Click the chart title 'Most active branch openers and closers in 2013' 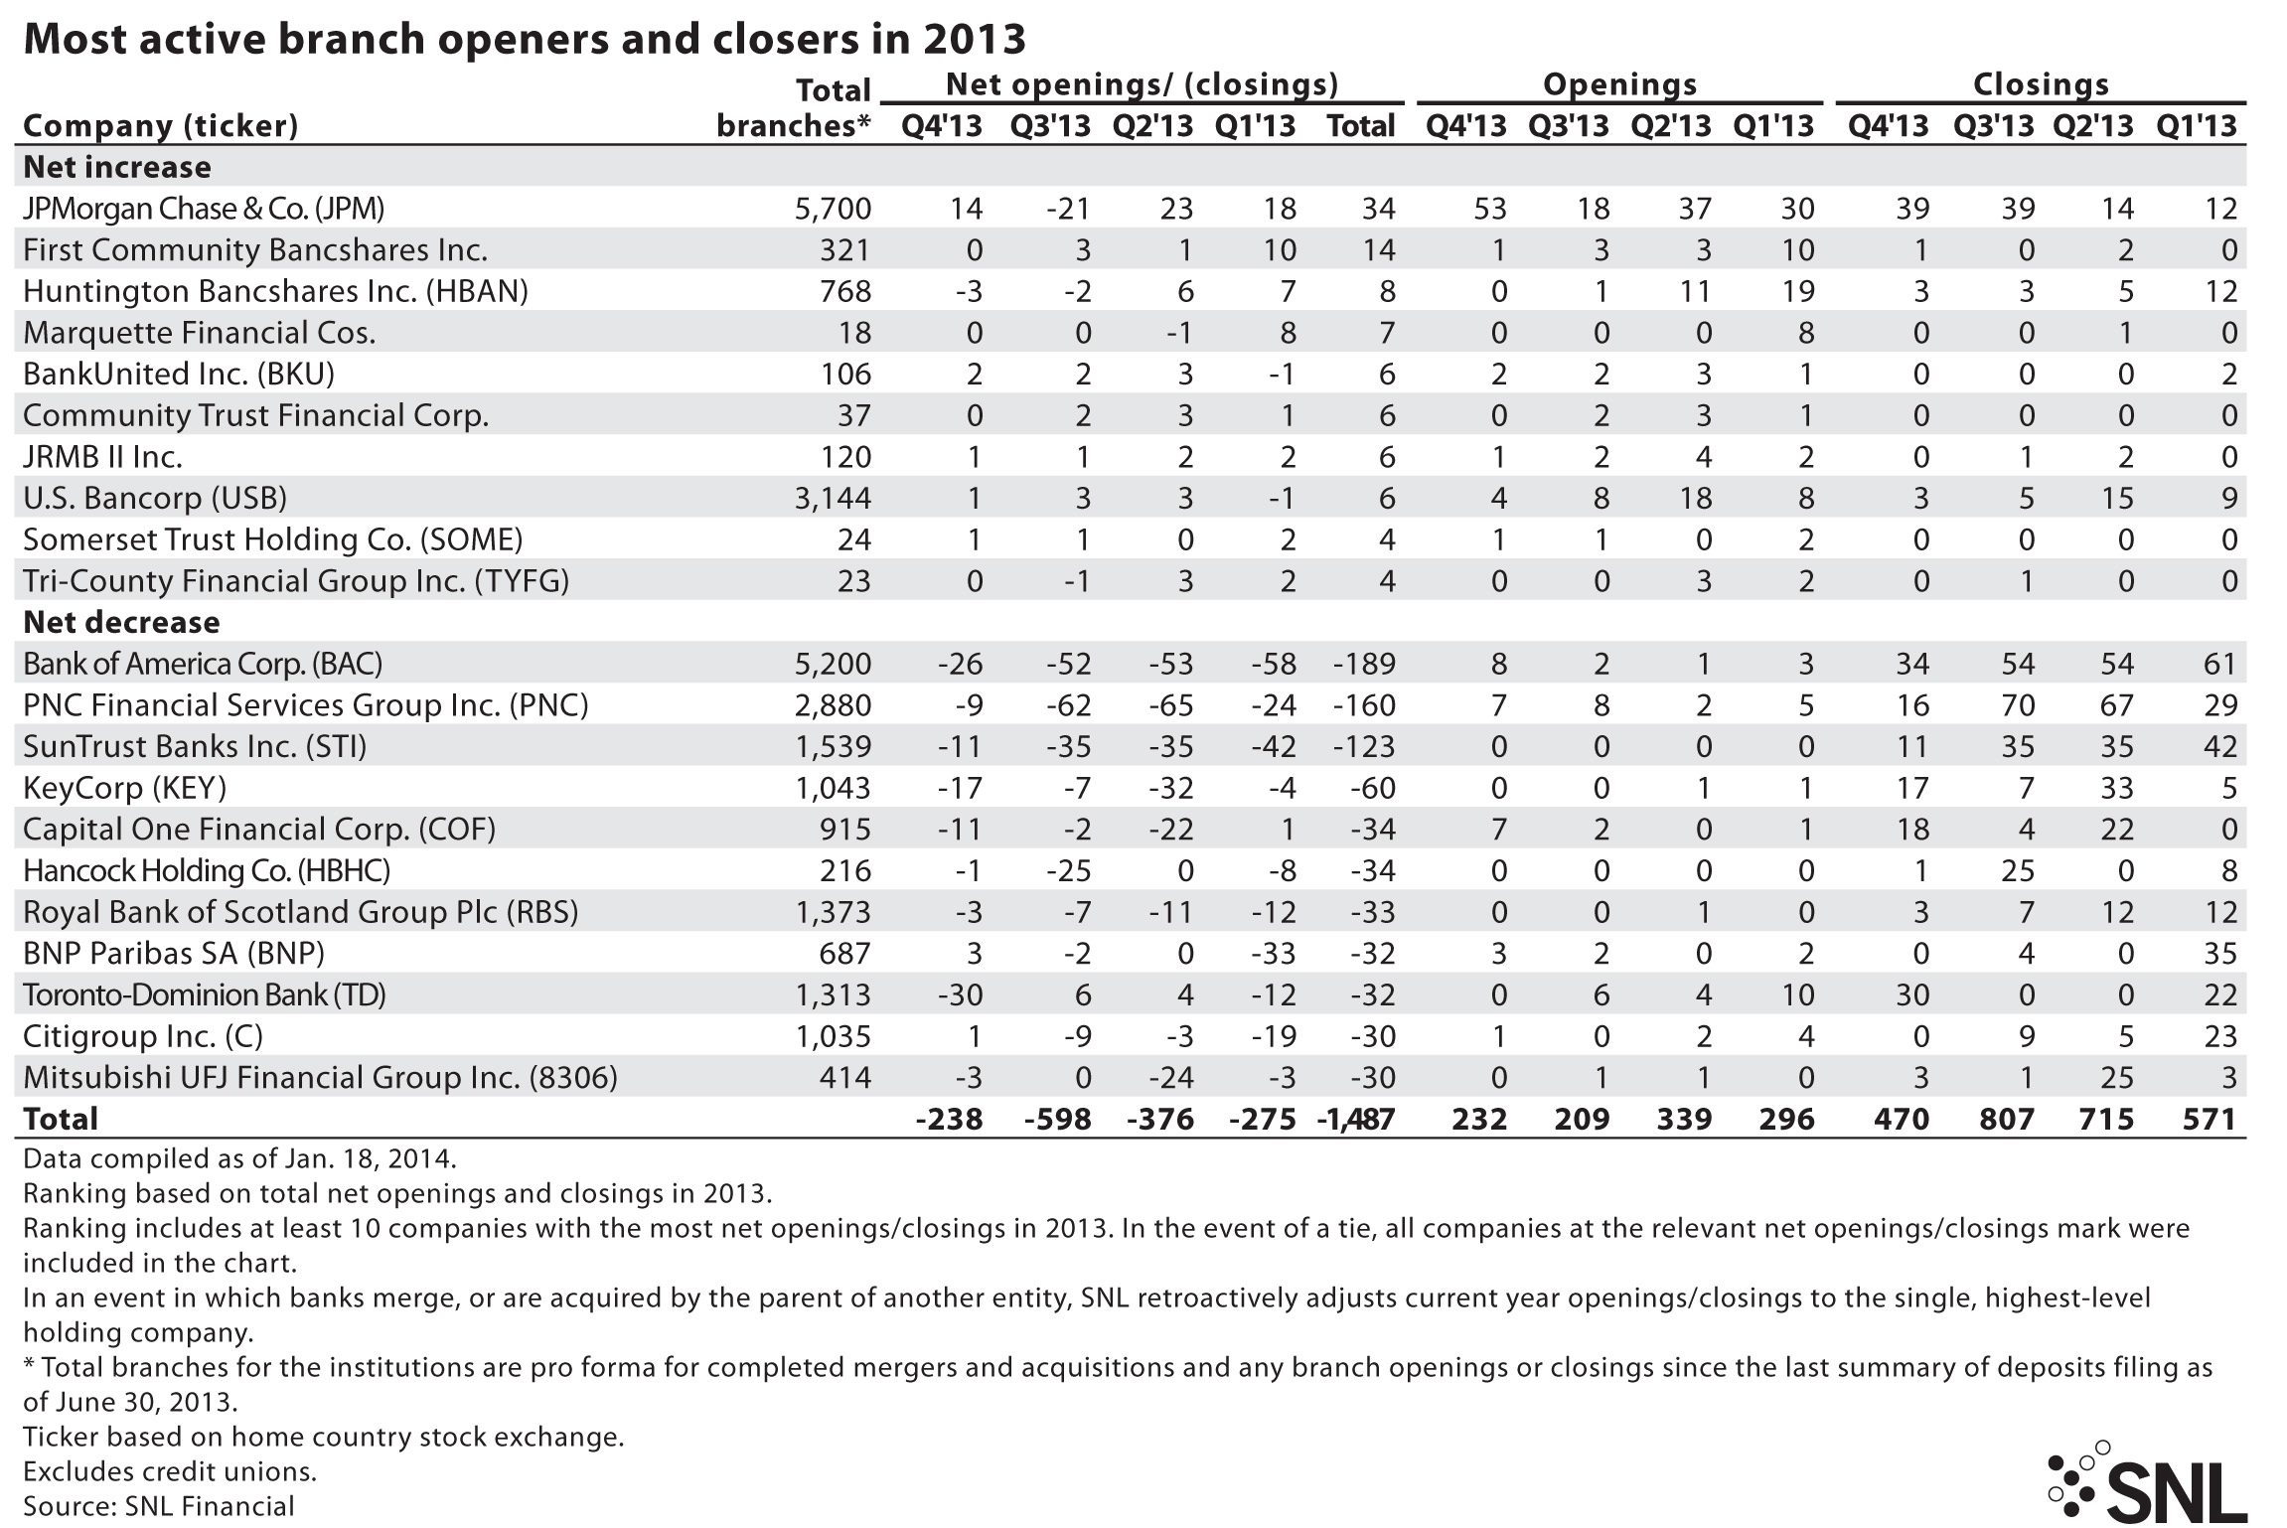[x=524, y=39]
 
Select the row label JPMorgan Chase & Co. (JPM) [x=203, y=209]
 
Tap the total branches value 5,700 [x=833, y=209]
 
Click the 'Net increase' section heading [x=117, y=167]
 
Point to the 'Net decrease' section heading [x=121, y=623]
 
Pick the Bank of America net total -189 [x=1364, y=664]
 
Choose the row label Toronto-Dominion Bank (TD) [x=204, y=994]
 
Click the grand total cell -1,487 [x=1356, y=1120]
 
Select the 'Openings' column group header [x=1619, y=84]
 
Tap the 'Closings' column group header [x=2041, y=84]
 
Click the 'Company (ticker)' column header [x=160, y=126]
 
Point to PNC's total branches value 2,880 [x=833, y=705]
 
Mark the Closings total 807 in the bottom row [x=2007, y=1120]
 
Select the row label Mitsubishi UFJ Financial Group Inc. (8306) [x=320, y=1078]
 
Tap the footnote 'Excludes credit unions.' [x=170, y=1471]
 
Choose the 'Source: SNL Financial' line [x=159, y=1506]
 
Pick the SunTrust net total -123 [x=1364, y=747]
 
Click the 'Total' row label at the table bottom [x=61, y=1120]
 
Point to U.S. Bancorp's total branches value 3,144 [x=833, y=499]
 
